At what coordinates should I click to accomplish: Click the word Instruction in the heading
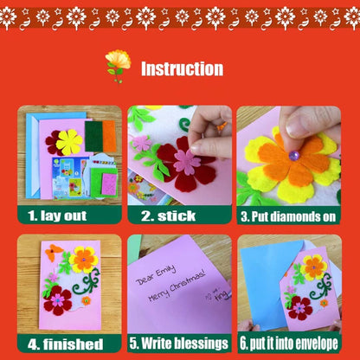[182, 69]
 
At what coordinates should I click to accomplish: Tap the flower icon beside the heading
[118, 65]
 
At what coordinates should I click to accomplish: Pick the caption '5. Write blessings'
[179, 344]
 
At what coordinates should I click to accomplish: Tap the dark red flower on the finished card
[58, 299]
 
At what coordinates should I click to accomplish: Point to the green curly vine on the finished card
[87, 280]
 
